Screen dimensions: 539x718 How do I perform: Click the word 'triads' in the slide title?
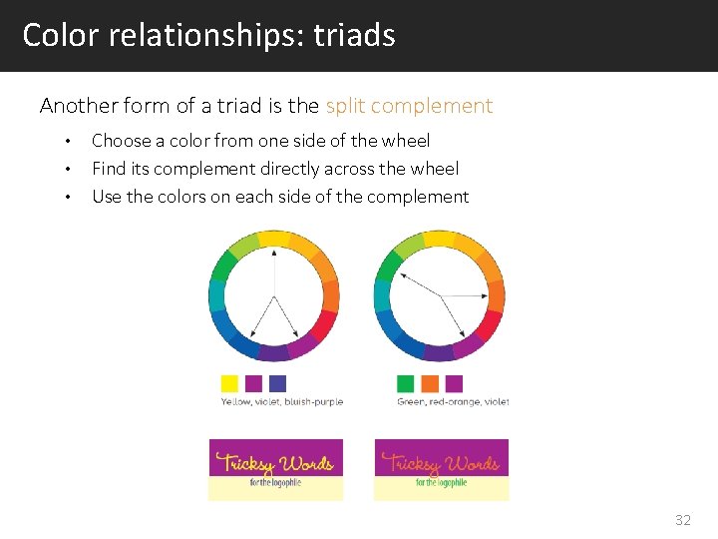(354, 36)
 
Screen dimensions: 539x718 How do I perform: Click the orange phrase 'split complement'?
(409, 106)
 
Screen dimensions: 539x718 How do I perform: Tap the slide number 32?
(682, 520)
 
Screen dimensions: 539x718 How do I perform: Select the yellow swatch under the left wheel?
(229, 383)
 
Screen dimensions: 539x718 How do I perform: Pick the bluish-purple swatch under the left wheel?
(277, 383)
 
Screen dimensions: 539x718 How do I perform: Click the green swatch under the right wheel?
(405, 383)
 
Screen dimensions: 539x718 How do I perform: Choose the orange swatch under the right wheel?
(430, 383)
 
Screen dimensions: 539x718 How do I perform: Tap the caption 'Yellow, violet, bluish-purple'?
(281, 402)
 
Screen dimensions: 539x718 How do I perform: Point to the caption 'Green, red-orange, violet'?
(453, 402)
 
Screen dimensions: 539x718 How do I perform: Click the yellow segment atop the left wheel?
(273, 240)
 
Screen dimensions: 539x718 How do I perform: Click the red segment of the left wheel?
(325, 325)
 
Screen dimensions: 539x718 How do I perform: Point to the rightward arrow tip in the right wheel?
(477, 296)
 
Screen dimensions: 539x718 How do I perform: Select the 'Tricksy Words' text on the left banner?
(275, 462)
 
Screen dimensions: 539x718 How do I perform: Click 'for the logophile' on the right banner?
(441, 482)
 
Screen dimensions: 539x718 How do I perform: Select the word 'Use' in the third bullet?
(107, 197)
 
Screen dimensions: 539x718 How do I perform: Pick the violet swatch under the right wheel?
(454, 383)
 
